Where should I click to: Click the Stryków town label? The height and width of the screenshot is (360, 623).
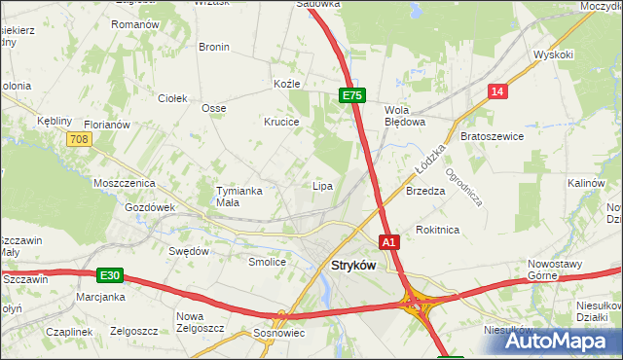point(353,266)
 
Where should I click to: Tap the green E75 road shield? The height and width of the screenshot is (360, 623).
point(351,95)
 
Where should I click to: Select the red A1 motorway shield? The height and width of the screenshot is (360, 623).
point(388,241)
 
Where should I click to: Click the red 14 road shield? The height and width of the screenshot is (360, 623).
point(497,91)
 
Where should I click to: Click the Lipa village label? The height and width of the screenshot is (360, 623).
point(322,186)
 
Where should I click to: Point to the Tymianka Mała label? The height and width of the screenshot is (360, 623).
point(239,197)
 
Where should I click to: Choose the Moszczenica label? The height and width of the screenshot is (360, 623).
point(124,183)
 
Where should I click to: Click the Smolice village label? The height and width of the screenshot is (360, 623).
point(267,262)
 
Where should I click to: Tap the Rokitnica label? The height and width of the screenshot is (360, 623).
point(437,230)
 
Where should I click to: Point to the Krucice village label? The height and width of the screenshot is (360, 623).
point(281,123)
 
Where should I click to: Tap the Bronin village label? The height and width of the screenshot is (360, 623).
point(213,47)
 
